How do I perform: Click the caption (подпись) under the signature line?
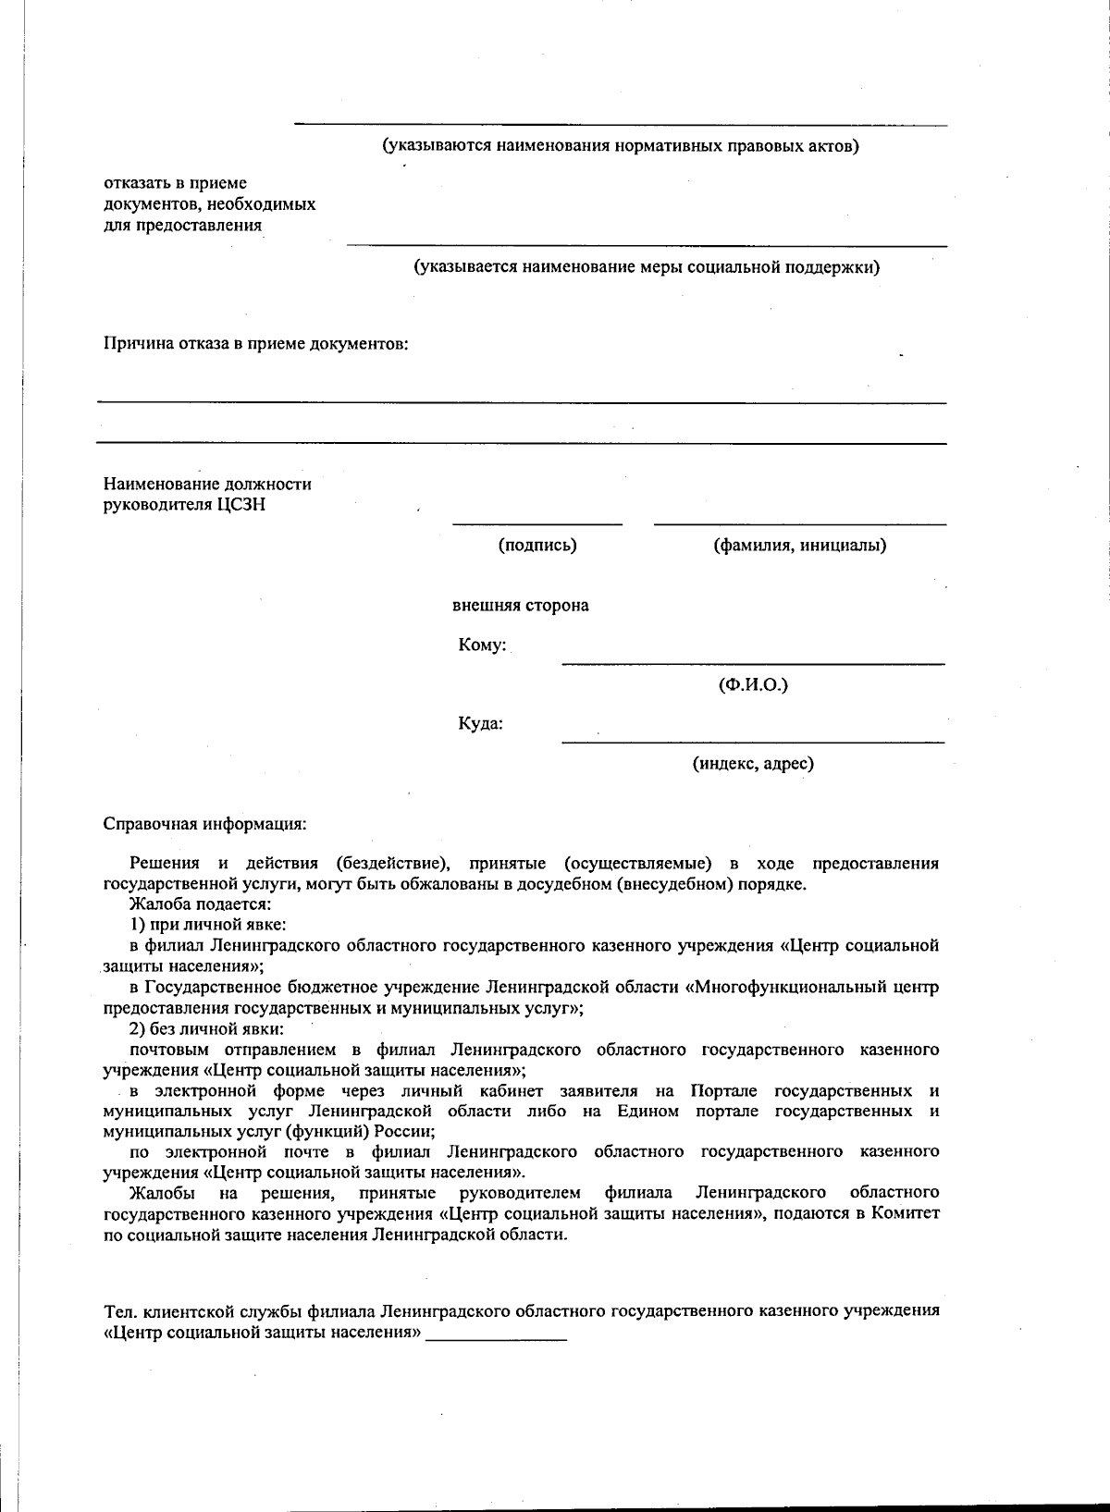point(537,545)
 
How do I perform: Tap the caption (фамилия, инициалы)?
point(799,545)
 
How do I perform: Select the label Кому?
point(482,645)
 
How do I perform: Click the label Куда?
point(481,723)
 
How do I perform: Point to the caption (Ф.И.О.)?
point(753,685)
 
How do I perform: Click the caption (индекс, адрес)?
point(753,764)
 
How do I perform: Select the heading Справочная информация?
point(204,823)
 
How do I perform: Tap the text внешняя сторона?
point(520,606)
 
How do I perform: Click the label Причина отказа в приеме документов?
point(255,344)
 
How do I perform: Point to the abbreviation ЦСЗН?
point(241,505)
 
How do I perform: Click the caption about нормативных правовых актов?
point(621,146)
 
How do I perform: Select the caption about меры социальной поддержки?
point(646,267)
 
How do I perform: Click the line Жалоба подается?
point(200,904)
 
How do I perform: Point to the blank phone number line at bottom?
point(496,1338)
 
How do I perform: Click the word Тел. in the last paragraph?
point(117,1310)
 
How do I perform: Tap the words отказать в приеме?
point(175,183)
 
